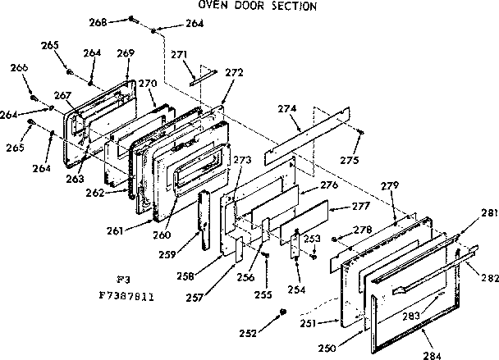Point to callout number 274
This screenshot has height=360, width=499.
coord(286,109)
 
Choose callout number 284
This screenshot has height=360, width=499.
coord(433,354)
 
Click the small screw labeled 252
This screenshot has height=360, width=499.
coord(284,312)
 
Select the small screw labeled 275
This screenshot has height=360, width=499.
coord(360,130)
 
